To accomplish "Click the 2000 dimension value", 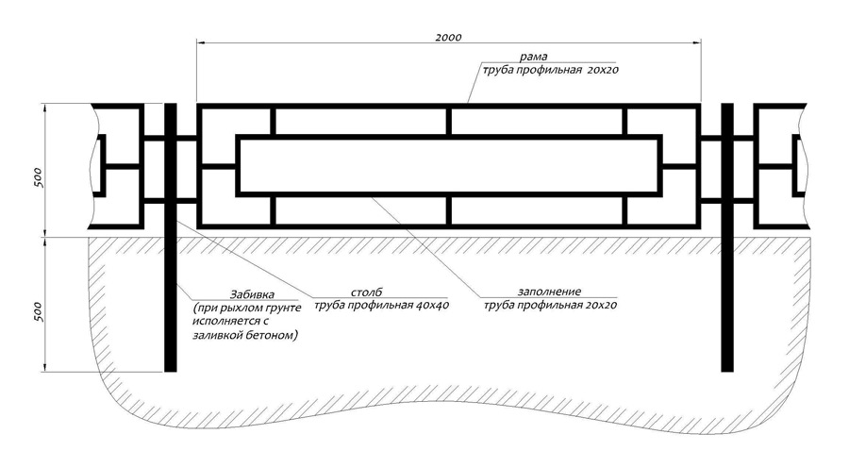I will (x=448, y=36).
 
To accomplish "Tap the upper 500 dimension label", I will (x=37, y=178).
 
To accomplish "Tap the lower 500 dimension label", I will (x=37, y=310).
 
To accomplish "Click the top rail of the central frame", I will (x=448, y=105).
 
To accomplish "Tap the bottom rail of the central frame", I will (x=448, y=225).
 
